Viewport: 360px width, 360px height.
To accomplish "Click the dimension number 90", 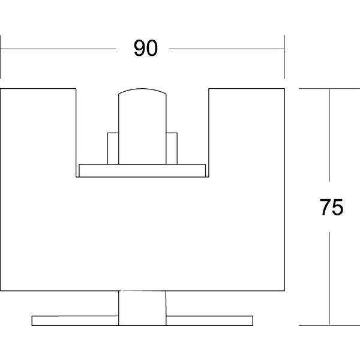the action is pyautogui.click(x=146, y=48).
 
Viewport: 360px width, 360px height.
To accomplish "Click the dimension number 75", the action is pyautogui.click(x=332, y=207).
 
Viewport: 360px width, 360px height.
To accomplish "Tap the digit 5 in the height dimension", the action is pyautogui.click(x=338, y=207).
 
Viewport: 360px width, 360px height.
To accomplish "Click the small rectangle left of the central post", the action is pyautogui.click(x=113, y=148).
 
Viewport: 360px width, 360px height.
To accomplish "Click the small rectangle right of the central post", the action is pyautogui.click(x=172, y=148).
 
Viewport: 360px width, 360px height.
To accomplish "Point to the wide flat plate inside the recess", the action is pyautogui.click(x=142, y=170).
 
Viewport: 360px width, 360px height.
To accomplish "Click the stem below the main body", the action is pyautogui.click(x=142, y=308).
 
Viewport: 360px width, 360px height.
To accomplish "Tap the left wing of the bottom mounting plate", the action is pyautogui.click(x=75, y=320).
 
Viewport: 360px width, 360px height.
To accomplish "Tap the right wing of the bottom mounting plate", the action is pyautogui.click(x=209, y=320).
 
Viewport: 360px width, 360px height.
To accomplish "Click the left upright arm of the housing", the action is pyautogui.click(x=38, y=133).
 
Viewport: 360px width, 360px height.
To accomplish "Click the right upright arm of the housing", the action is pyautogui.click(x=247, y=133).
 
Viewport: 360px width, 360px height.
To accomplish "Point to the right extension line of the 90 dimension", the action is pyautogui.click(x=284, y=57).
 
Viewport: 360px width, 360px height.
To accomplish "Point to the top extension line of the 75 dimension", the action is pyautogui.click(x=329, y=89).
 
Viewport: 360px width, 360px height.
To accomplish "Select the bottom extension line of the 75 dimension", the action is pyautogui.click(x=329, y=325).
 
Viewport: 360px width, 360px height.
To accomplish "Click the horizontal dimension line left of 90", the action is pyautogui.click(x=58, y=49).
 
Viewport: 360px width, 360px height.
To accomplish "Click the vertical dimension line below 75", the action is pyautogui.click(x=329, y=278).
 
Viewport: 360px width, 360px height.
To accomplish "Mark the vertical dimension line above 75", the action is pyautogui.click(x=329, y=135).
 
